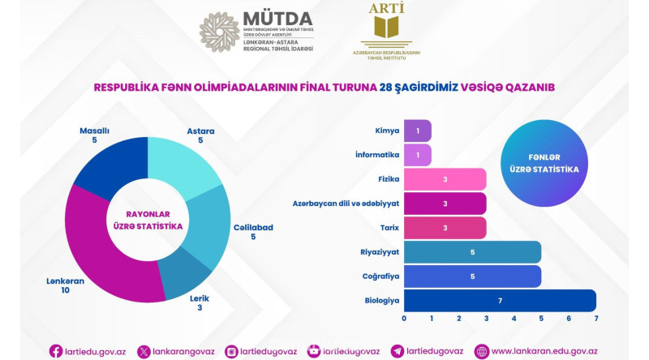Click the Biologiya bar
(x=500, y=301)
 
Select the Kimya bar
(x=417, y=131)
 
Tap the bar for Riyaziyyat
(x=472, y=252)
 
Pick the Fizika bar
(x=445, y=179)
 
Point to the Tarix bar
(x=445, y=228)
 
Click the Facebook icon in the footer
(x=56, y=350)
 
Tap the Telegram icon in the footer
(x=397, y=351)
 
